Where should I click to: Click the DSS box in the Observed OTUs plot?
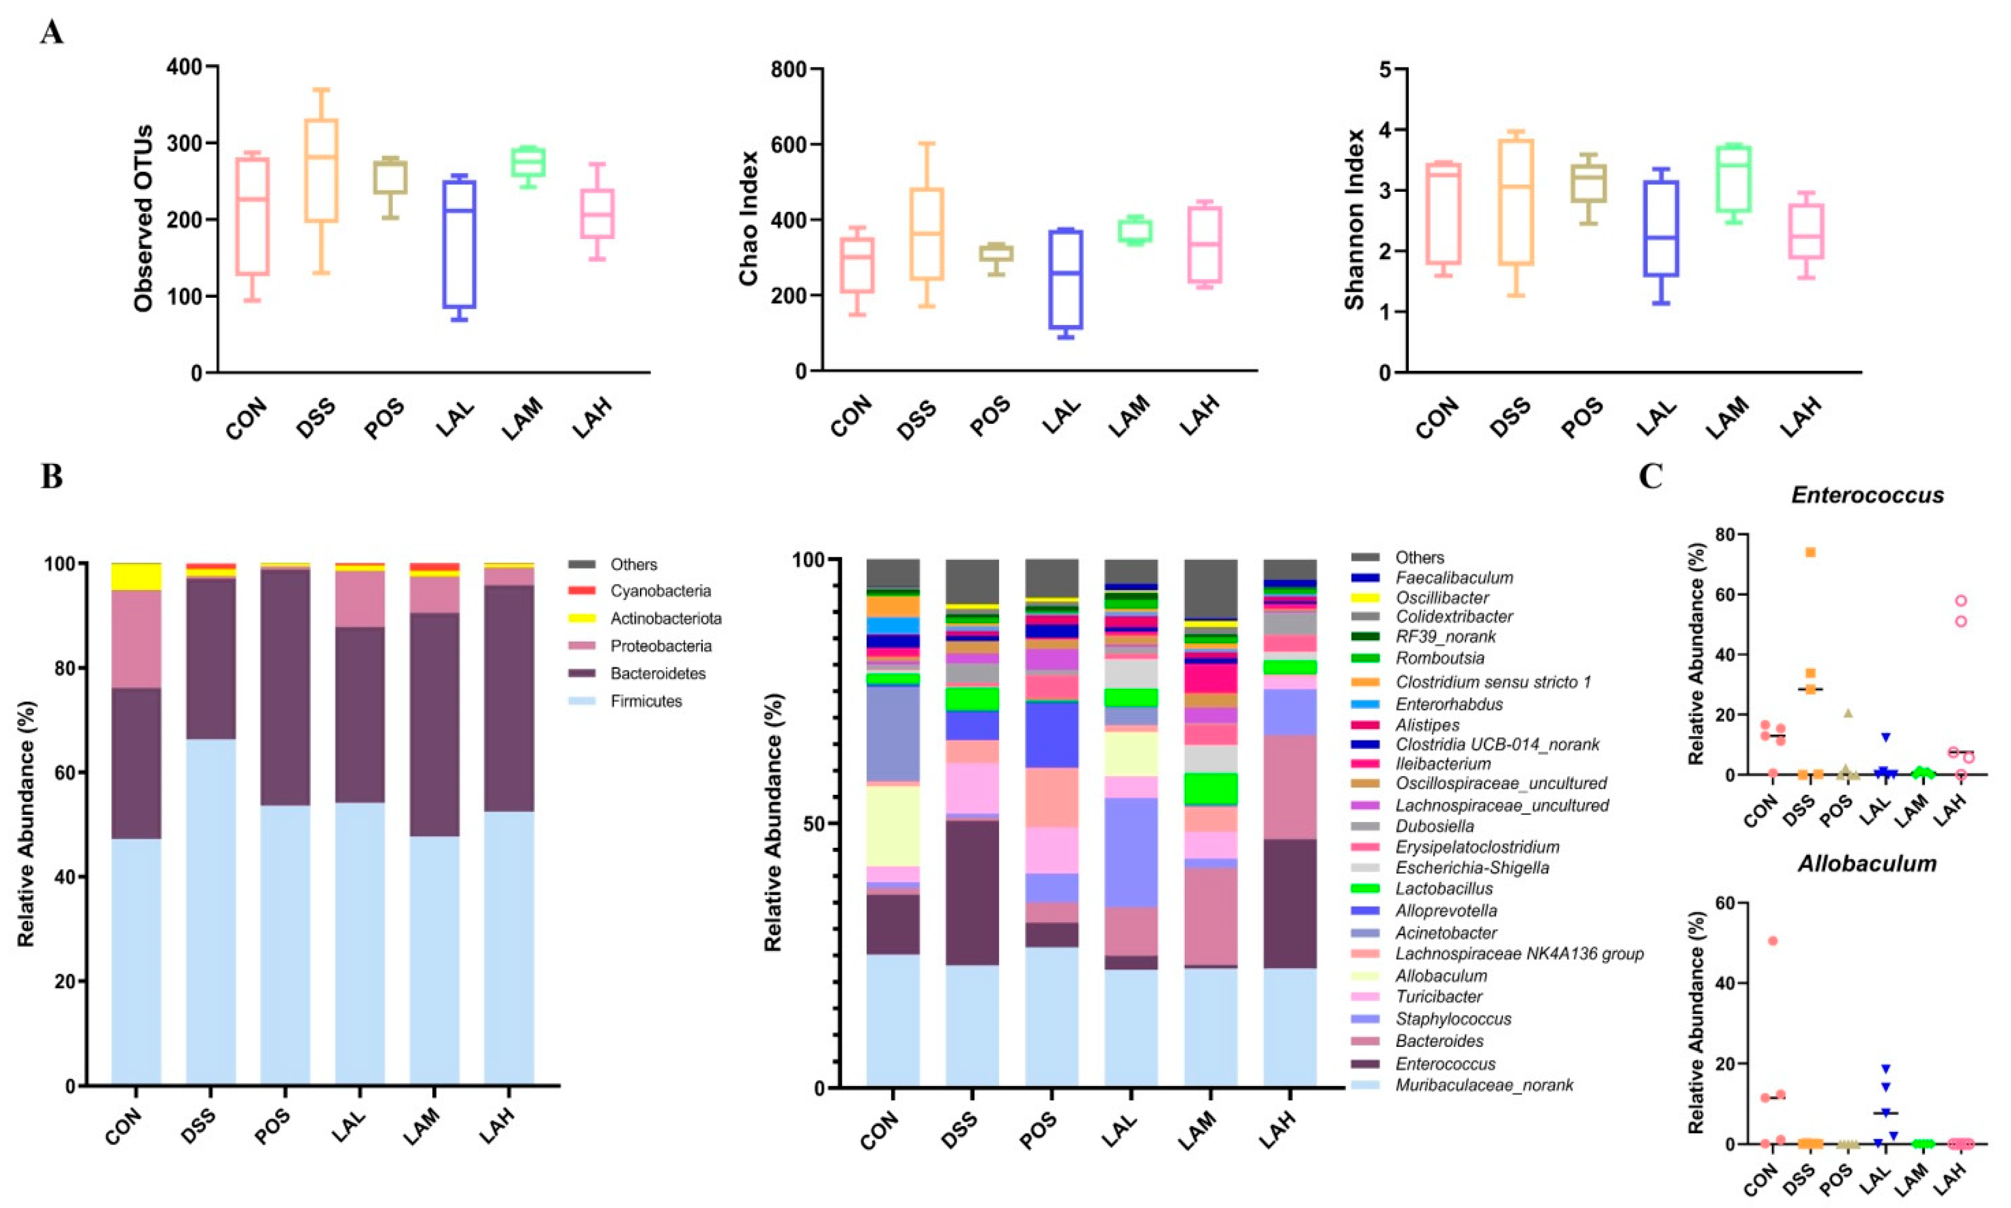pos(321,171)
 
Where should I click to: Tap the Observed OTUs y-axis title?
pos(144,218)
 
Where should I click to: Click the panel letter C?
pos(1651,476)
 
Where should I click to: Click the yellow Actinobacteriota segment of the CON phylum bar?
pos(136,576)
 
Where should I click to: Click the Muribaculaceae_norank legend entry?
pos(1484,1085)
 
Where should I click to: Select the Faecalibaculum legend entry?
pos(1454,578)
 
